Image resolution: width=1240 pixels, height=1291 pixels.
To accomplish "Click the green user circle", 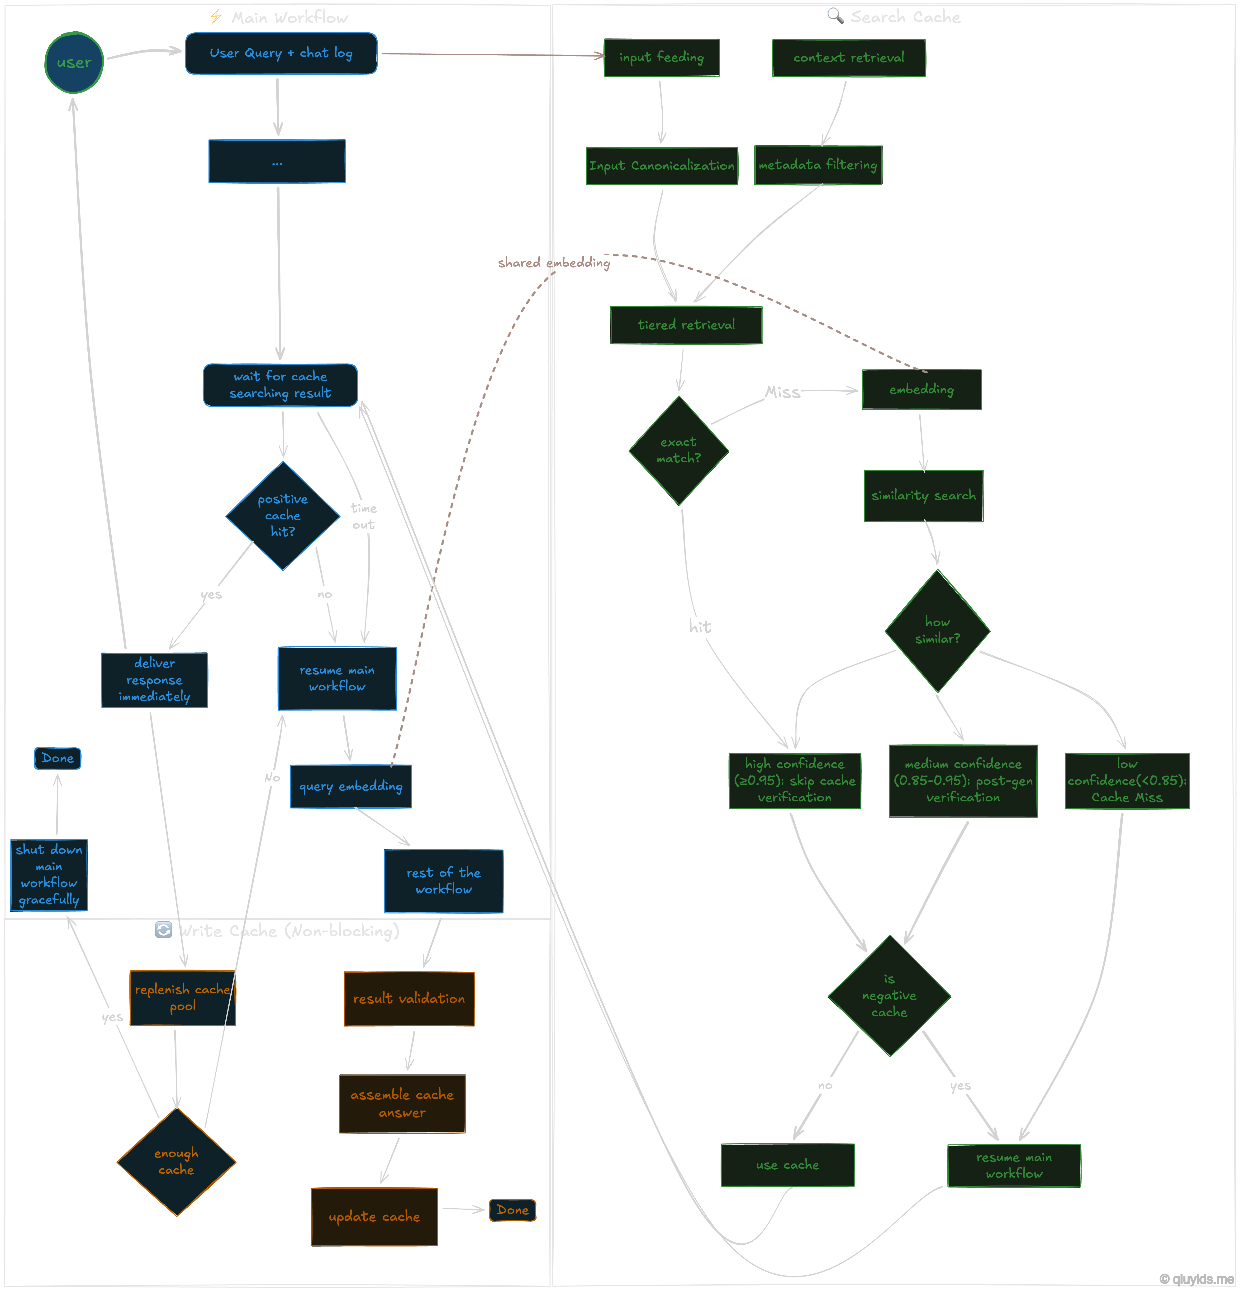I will [x=74, y=62].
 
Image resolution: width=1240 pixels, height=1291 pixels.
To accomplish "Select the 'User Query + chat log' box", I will [x=281, y=53].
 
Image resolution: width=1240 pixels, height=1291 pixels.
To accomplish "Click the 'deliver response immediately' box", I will [x=155, y=680].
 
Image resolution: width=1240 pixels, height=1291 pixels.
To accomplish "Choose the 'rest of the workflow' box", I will [x=443, y=881].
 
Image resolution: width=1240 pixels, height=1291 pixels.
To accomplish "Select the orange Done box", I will [x=512, y=1210].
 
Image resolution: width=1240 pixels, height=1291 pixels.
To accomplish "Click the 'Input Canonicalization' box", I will [x=662, y=165].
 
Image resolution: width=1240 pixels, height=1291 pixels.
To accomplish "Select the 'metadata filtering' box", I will [x=817, y=165].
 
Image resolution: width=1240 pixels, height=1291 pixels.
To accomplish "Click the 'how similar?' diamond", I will [x=937, y=630].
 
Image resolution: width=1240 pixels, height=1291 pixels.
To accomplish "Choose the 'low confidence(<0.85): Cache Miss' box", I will [x=1127, y=780].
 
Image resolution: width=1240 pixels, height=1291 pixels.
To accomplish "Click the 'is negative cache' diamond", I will [x=889, y=995].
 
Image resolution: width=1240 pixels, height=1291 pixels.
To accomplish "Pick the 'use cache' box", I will [x=788, y=1165].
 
